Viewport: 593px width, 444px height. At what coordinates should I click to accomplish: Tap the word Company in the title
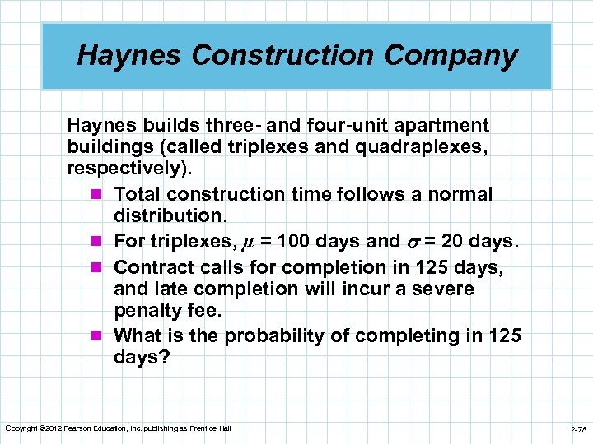(455, 56)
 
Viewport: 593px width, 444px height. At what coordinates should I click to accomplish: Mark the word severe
(444, 289)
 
